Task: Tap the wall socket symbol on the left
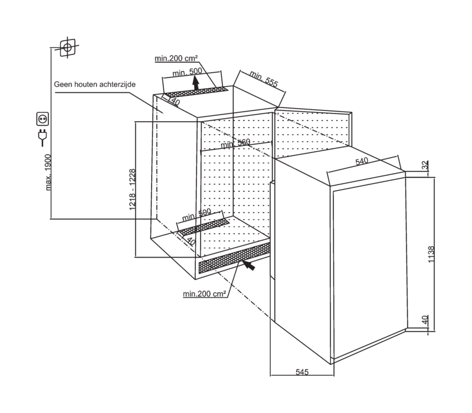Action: click(43, 120)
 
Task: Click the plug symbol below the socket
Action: click(42, 137)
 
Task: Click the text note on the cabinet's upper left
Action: click(94, 84)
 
